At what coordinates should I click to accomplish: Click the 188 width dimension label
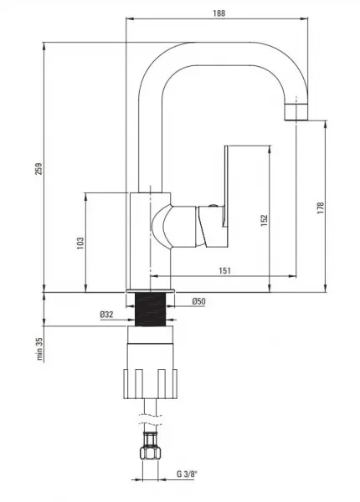[219, 13]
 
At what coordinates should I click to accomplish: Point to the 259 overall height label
[39, 169]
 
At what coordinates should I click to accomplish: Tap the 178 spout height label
[321, 207]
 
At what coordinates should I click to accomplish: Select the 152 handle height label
[264, 220]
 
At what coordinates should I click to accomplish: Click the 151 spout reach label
[224, 270]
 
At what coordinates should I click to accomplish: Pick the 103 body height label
[80, 243]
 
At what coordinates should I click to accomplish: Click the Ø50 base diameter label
[199, 301]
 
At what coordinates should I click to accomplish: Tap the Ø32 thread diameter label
[106, 315]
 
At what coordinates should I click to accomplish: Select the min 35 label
[39, 348]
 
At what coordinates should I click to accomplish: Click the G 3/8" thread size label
[188, 474]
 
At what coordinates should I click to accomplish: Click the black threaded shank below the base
[150, 310]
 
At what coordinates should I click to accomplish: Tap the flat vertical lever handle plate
[226, 187]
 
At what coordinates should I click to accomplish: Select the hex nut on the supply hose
[150, 453]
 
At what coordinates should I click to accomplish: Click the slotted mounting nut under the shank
[150, 384]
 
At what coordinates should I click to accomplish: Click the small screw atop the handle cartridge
[212, 206]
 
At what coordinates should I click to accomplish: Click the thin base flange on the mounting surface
[150, 290]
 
